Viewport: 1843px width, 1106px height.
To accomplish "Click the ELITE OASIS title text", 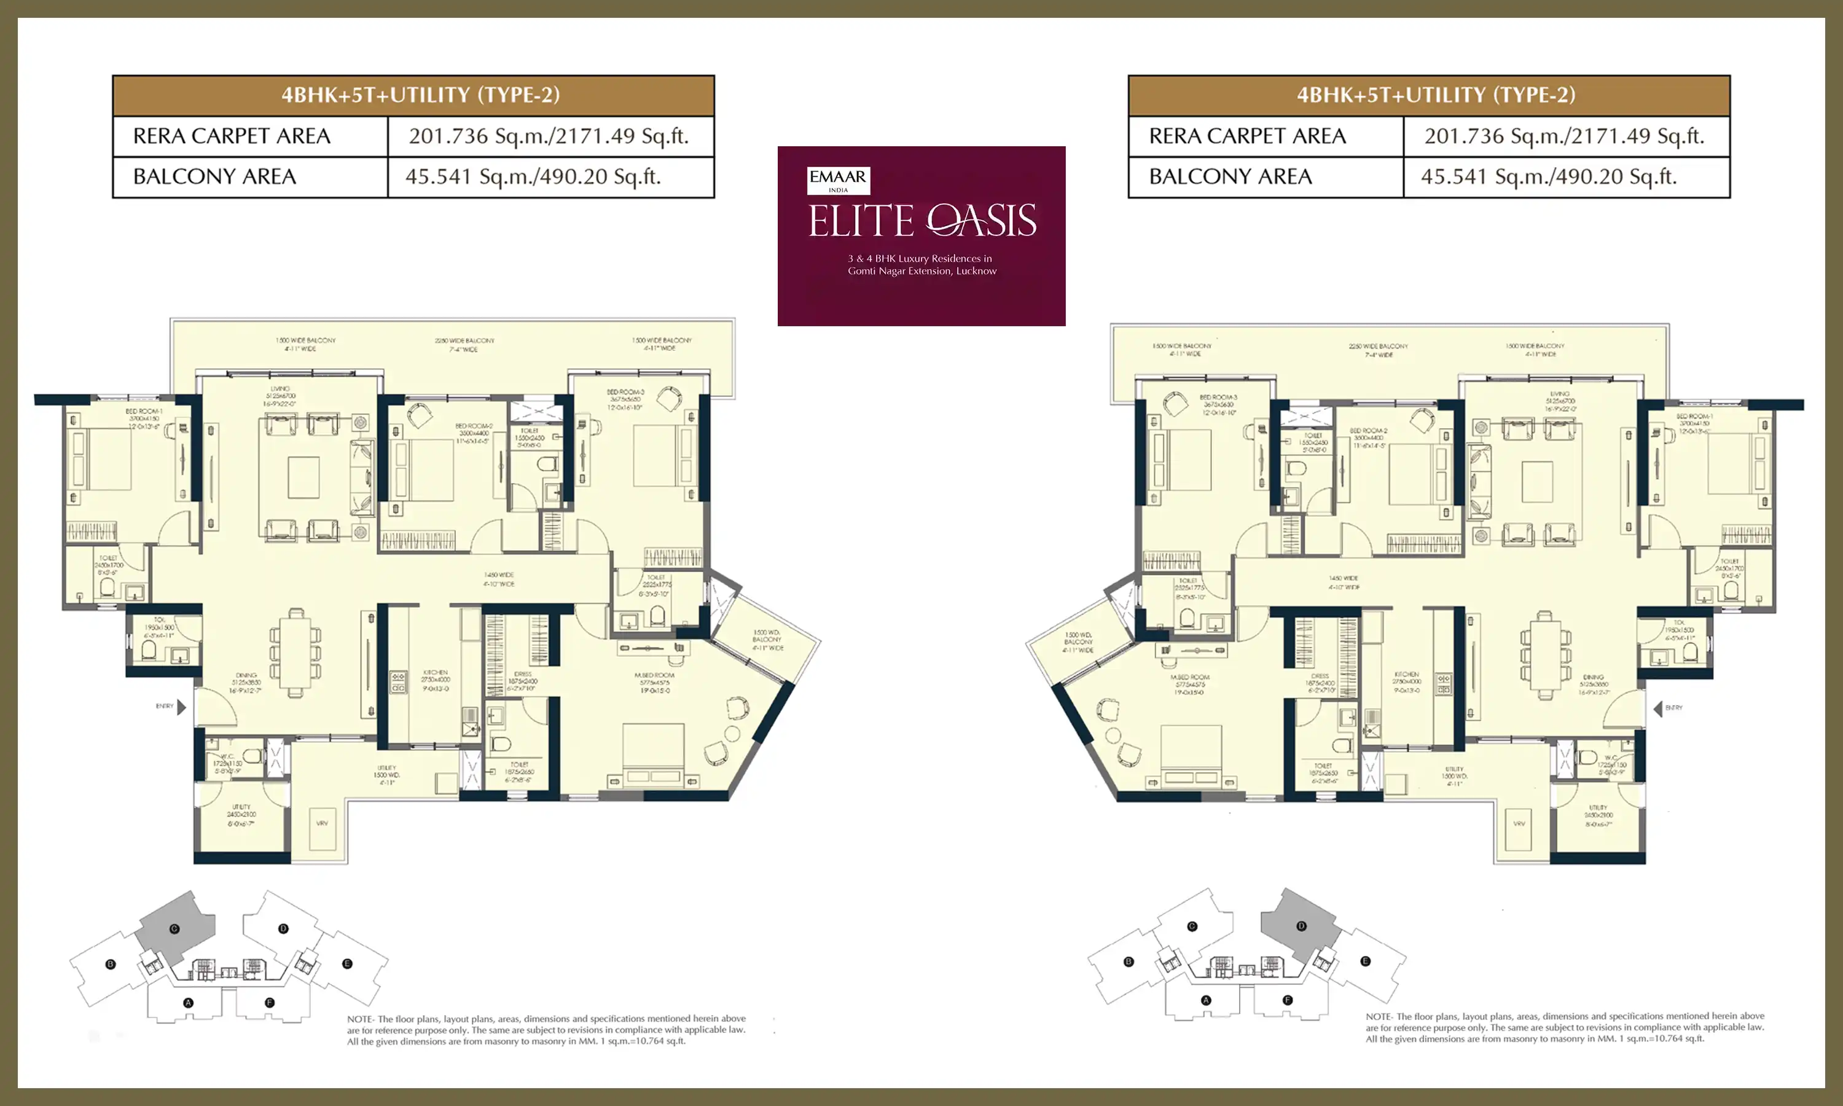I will (x=922, y=221).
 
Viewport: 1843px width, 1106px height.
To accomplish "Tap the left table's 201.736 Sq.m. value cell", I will (x=550, y=136).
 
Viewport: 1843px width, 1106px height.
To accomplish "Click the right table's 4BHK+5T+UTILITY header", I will (x=1429, y=95).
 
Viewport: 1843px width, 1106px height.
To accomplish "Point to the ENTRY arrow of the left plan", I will (x=181, y=707).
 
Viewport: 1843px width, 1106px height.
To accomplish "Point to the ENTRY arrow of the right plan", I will (x=1657, y=708).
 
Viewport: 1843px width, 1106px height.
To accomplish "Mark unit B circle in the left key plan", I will (x=110, y=965).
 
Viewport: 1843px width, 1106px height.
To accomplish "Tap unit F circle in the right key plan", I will (x=1287, y=1000).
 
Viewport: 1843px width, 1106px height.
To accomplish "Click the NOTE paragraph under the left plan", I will (x=546, y=1030).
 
